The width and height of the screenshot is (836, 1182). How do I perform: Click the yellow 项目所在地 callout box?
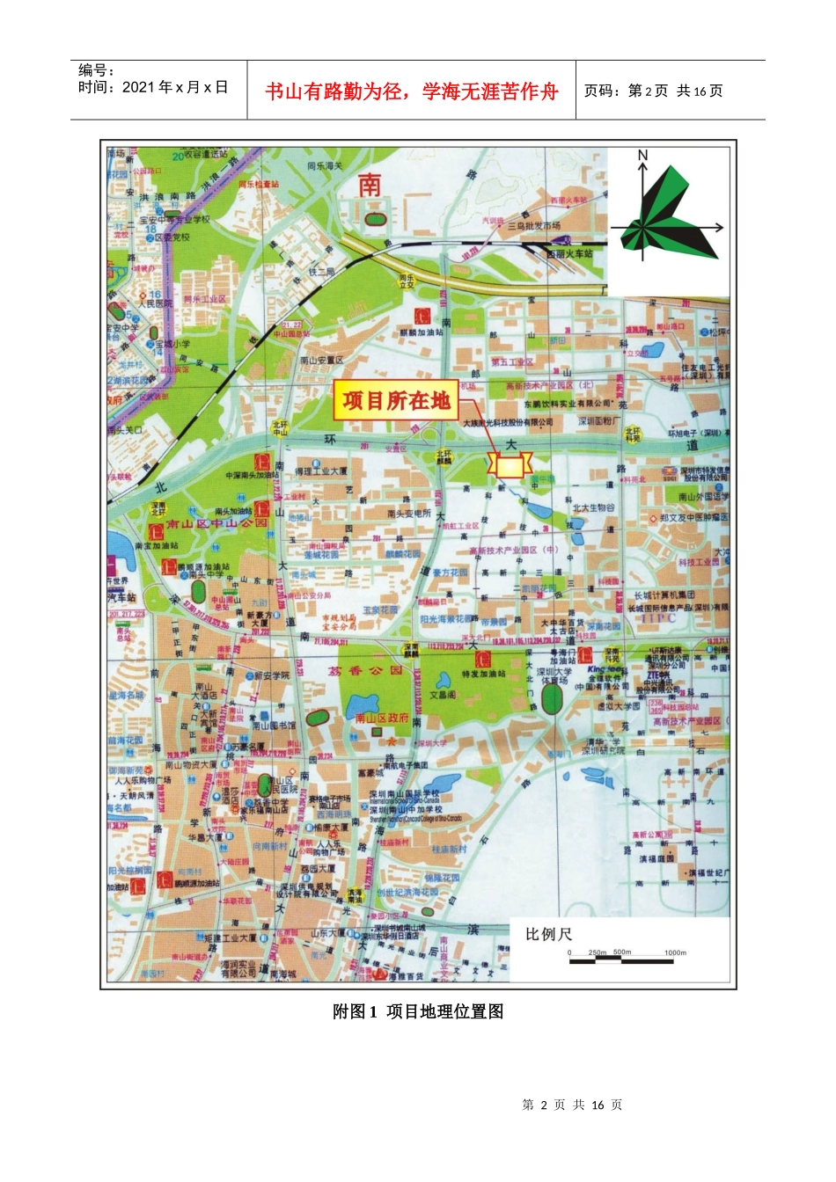tap(396, 401)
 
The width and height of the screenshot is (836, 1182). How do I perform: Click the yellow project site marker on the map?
tap(510, 465)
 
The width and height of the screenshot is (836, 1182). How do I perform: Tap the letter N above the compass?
tap(642, 156)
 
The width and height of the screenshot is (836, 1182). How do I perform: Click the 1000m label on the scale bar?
tap(675, 952)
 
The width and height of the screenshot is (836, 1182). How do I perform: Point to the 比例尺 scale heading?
tap(548, 934)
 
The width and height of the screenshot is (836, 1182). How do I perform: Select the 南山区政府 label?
tap(382, 718)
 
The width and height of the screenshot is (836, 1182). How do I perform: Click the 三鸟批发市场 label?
tap(534, 226)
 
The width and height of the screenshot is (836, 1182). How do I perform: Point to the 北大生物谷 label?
tap(594, 507)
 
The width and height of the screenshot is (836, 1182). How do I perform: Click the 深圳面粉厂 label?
tap(599, 421)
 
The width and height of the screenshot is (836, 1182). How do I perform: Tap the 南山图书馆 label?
tap(274, 726)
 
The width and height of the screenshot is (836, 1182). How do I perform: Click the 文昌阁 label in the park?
tap(443, 694)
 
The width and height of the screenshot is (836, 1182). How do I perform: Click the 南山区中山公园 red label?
tap(205, 523)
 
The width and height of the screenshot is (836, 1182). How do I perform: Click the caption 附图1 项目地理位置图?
tap(418, 1011)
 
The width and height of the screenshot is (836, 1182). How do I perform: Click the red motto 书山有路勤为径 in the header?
tap(412, 91)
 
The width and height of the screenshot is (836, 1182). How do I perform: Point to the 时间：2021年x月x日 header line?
tap(153, 87)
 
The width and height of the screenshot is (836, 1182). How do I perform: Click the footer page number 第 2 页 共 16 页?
tap(572, 1105)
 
